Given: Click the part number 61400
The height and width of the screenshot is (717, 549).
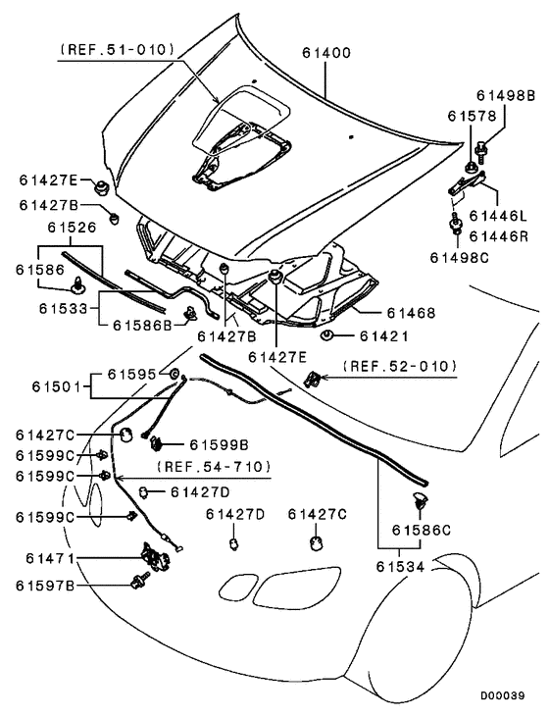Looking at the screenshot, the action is point(326,53).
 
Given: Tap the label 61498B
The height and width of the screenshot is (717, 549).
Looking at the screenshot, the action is point(506,95).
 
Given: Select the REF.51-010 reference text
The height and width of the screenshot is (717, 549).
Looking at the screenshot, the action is point(118,49).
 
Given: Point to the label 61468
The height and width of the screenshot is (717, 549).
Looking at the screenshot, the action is point(411,313).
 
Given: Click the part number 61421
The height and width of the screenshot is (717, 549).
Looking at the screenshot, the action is point(384,336).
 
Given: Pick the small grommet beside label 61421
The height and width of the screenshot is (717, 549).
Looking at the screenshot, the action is point(326,336).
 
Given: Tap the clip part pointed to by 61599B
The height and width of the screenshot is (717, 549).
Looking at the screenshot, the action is point(158,442).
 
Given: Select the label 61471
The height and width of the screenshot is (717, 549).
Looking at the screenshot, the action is point(50,558).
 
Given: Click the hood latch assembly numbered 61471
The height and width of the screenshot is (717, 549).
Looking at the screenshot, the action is point(155,556).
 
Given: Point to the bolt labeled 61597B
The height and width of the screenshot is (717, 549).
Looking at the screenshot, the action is point(139,580).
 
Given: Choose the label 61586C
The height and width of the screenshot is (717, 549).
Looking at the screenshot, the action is point(422,530).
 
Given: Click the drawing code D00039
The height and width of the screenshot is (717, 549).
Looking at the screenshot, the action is point(502,696).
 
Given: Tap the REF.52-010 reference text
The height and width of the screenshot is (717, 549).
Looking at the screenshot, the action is point(400,366).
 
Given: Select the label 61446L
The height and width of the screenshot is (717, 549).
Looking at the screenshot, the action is point(499,216).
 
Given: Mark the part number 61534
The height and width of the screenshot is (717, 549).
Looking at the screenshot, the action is point(400,567).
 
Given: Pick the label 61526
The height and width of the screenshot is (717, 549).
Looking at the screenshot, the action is point(73,228).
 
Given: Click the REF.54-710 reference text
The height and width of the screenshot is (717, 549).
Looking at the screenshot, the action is point(214,467).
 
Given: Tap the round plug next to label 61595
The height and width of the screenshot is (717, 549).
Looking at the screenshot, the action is point(174,374).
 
